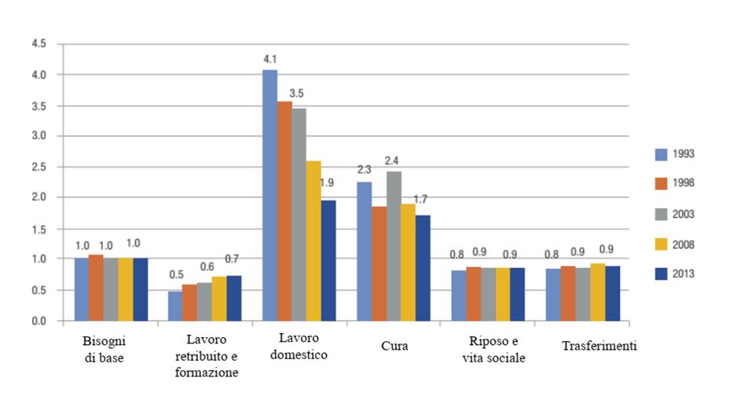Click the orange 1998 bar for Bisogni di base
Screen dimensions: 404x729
(x=96, y=288)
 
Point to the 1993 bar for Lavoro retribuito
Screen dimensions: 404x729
(x=175, y=306)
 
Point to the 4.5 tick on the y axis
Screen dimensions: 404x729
(x=38, y=44)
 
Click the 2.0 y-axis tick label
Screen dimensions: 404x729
(x=38, y=198)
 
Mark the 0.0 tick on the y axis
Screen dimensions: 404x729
(x=38, y=321)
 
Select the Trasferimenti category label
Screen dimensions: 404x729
(x=599, y=346)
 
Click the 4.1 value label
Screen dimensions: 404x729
(x=269, y=57)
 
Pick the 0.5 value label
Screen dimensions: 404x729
(x=175, y=274)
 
